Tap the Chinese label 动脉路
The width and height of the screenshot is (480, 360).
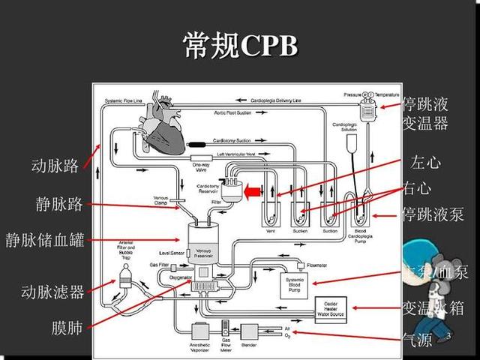[55, 166]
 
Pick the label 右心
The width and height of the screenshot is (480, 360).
[417, 187]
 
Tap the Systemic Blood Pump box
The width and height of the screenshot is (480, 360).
[295, 284]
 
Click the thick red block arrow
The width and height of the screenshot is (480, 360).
[253, 193]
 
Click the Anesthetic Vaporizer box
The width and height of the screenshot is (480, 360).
[201, 331]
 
